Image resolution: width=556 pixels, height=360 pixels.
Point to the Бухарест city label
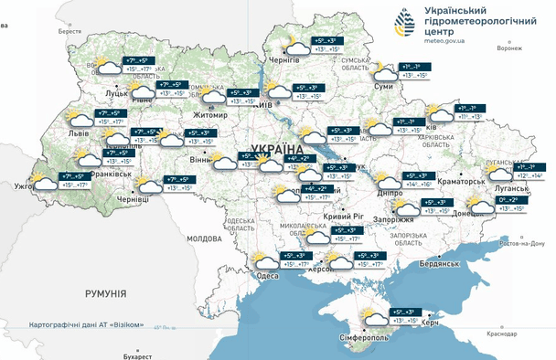coord(138,355)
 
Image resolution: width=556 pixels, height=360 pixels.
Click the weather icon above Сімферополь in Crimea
coord(373,316)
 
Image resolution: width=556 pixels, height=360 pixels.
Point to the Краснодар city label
coord(503,334)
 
